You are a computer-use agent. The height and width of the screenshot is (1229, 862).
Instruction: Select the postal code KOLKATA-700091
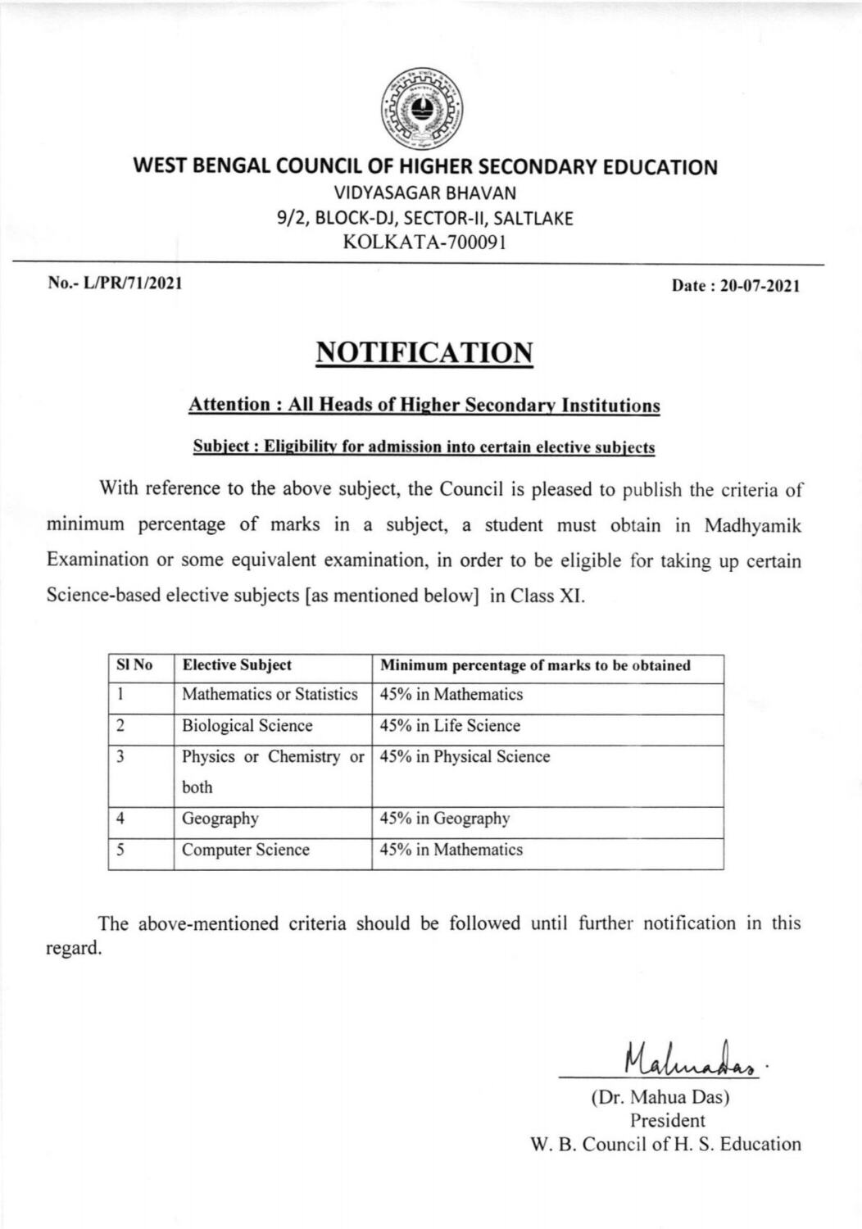[x=424, y=243]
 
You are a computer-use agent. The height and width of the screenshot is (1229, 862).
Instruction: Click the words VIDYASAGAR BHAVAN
[x=424, y=193]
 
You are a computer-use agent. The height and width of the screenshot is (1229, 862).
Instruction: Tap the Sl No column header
[x=134, y=665]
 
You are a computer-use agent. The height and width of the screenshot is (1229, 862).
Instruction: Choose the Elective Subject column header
[x=237, y=665]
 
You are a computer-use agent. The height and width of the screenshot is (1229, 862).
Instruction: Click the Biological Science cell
[x=247, y=726]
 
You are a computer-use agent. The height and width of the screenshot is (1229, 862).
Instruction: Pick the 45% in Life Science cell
[x=450, y=726]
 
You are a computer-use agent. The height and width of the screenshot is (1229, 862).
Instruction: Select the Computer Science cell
[x=246, y=850]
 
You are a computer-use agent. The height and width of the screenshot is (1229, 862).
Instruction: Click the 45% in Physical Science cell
[x=465, y=757]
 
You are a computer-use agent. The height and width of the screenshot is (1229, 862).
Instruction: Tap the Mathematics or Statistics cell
[x=270, y=695]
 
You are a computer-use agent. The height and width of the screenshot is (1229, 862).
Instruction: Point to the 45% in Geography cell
[x=444, y=819]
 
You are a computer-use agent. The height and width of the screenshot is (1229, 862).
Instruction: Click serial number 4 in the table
[x=120, y=818]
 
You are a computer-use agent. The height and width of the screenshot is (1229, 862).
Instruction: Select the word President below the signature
[x=667, y=1120]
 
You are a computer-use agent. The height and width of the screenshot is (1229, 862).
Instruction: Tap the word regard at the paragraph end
[x=73, y=950]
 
